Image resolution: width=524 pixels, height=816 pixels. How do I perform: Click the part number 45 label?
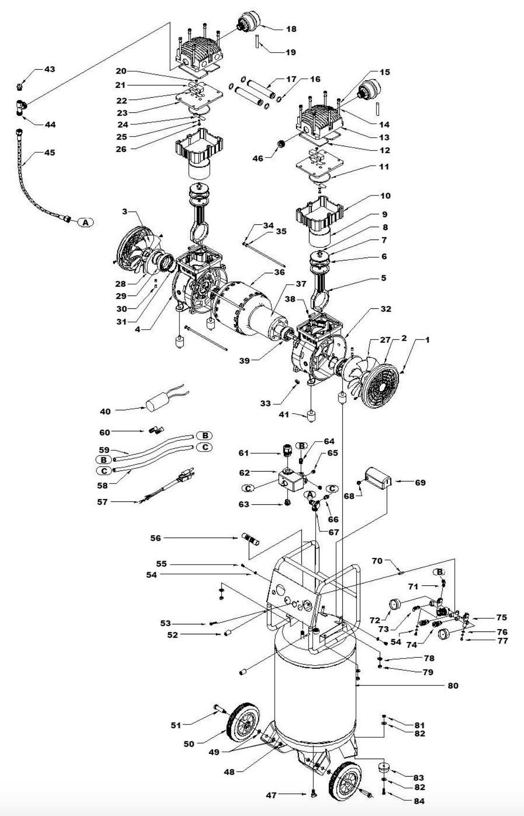(50, 153)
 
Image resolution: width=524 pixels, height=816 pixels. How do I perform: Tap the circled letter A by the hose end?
(85, 222)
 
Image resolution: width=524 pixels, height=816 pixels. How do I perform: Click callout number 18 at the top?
(291, 29)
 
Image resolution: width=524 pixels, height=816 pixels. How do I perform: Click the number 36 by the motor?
(279, 272)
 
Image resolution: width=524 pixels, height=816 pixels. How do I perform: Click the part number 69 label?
(420, 482)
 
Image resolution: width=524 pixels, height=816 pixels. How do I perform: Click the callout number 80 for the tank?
(453, 686)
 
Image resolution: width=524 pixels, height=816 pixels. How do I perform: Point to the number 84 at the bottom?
(419, 801)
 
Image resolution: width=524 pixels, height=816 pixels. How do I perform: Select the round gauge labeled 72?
(395, 606)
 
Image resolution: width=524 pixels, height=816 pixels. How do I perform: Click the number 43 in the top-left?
(50, 69)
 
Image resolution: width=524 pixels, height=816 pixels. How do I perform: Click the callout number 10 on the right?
(385, 196)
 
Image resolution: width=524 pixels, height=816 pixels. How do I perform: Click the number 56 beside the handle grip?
(156, 538)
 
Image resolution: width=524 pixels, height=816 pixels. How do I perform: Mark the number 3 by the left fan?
(124, 212)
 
